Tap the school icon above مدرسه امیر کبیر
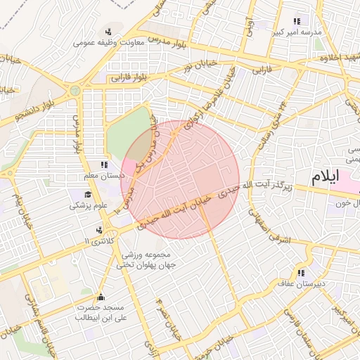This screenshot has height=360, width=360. [297, 22]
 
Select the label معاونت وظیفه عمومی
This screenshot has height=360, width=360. [108, 43]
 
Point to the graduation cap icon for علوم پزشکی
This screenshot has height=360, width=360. [89, 195]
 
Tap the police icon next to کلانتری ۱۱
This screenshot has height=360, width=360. [101, 230]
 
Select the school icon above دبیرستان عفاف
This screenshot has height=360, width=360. [301, 273]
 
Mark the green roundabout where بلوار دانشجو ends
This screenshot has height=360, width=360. [75, 91]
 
